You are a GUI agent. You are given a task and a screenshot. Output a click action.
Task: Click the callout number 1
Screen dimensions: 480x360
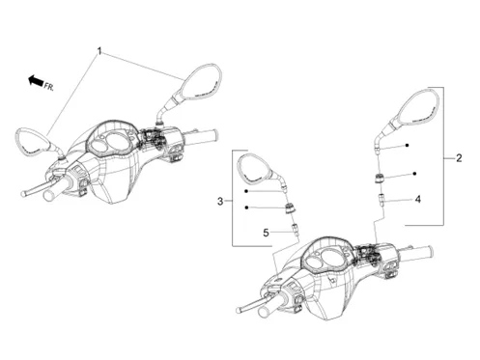tap(99, 51)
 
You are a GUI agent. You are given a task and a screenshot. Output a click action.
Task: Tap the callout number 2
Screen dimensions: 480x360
tap(459, 158)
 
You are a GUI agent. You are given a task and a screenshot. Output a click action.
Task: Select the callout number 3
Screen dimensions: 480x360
tap(220, 202)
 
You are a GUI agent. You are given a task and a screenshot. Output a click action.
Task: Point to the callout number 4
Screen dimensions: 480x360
tap(417, 200)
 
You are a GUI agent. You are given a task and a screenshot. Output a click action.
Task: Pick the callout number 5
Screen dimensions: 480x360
tap(266, 233)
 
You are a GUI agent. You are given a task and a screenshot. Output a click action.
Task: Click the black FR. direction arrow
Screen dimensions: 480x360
tap(36, 80)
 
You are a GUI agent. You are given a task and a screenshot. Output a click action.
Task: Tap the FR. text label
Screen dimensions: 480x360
tap(49, 87)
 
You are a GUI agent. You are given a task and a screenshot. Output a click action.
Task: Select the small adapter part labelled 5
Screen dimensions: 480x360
tap(295, 230)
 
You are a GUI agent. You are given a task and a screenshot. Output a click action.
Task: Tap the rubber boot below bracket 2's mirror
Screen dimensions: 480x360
tap(379, 179)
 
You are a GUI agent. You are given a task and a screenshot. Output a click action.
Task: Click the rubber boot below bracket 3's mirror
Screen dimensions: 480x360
tap(290, 208)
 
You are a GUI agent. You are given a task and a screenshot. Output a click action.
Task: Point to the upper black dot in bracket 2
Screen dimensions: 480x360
tap(407, 146)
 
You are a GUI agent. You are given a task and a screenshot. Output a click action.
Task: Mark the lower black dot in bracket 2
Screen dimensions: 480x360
tap(415, 174)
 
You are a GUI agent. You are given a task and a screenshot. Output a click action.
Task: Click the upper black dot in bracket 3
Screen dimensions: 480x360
tap(246, 191)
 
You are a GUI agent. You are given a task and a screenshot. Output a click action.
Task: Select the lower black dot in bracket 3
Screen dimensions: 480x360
tap(246, 208)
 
